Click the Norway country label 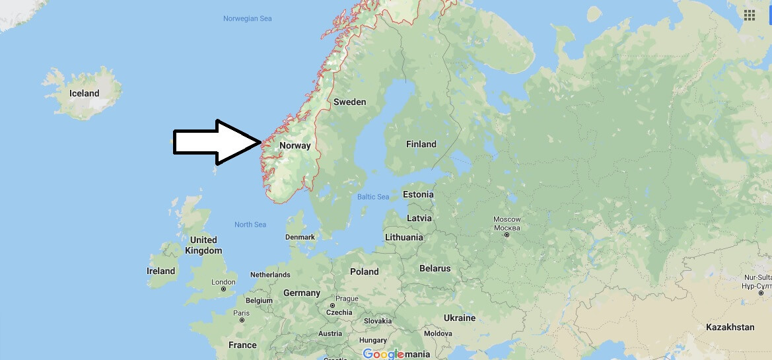tap(295, 145)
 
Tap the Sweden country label tap(349, 102)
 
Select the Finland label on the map tap(421, 144)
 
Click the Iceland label tap(84, 93)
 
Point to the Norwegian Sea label tap(247, 18)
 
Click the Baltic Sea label tap(373, 197)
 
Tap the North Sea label tap(250, 225)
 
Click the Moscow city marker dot tap(507, 235)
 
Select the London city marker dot tap(224, 289)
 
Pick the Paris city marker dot tap(242, 320)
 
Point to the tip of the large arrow tap(262, 142)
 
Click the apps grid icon tap(750, 15)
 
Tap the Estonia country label tap(418, 194)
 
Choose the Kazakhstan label tap(730, 327)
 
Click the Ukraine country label tap(459, 318)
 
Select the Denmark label tap(300, 236)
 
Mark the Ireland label tap(160, 271)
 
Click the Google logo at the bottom tap(383, 354)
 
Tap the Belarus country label tap(435, 268)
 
